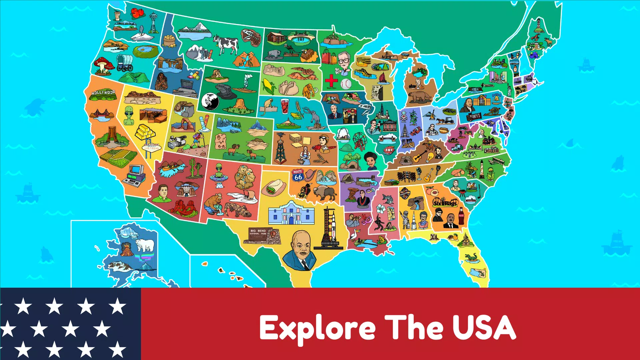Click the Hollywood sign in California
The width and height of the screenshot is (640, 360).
[x=103, y=93]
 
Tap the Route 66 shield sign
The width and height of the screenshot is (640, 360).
[x=298, y=175]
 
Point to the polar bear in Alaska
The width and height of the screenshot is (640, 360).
[x=145, y=245]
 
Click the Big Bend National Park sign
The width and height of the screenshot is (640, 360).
[x=259, y=232]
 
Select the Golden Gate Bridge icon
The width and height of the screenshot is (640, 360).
[x=101, y=114]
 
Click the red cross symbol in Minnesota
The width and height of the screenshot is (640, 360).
[x=331, y=80]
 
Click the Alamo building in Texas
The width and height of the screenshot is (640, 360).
[x=291, y=213]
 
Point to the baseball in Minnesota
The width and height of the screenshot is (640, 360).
[x=346, y=84]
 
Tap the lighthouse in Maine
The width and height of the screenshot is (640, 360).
[x=538, y=25]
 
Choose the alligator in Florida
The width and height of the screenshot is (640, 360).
[x=471, y=257]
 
